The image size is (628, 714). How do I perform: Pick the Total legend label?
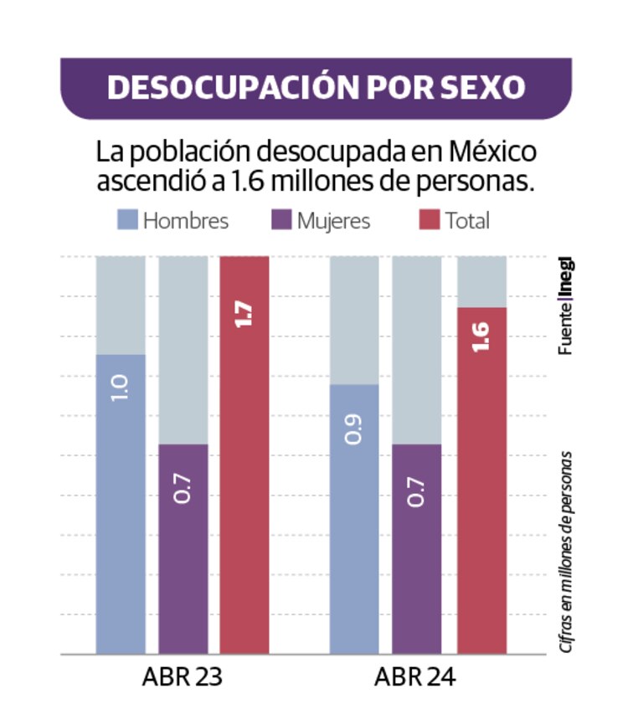coord(466,221)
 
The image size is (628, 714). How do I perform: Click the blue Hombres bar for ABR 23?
coord(121,502)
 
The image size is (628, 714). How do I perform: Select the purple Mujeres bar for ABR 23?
coord(183,548)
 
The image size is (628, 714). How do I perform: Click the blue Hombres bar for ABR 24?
coord(353,519)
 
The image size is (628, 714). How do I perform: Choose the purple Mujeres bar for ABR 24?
coord(416,548)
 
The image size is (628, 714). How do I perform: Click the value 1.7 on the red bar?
coord(245,311)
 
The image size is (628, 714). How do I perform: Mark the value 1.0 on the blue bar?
coord(121,386)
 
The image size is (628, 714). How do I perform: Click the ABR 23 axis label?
coord(183,677)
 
